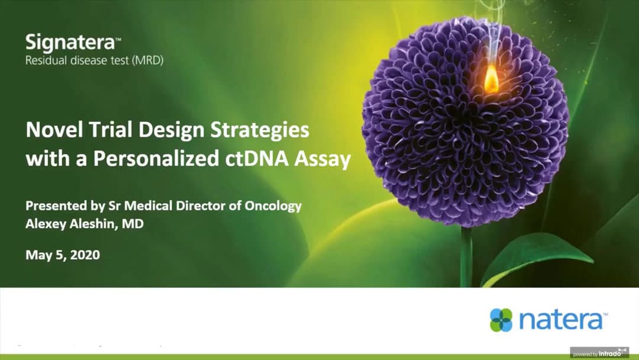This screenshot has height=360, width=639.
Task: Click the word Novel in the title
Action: pos(54,130)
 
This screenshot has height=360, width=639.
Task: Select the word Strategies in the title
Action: pos(260,131)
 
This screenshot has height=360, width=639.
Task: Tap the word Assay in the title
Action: pos(322,160)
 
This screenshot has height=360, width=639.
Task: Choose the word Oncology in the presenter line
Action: pos(273,206)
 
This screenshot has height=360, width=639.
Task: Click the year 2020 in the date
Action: pos(85,255)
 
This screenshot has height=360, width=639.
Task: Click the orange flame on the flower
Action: pos(491,79)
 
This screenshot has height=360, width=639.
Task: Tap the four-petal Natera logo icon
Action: pos(501,320)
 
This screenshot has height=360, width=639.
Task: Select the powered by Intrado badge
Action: pos(599,353)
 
